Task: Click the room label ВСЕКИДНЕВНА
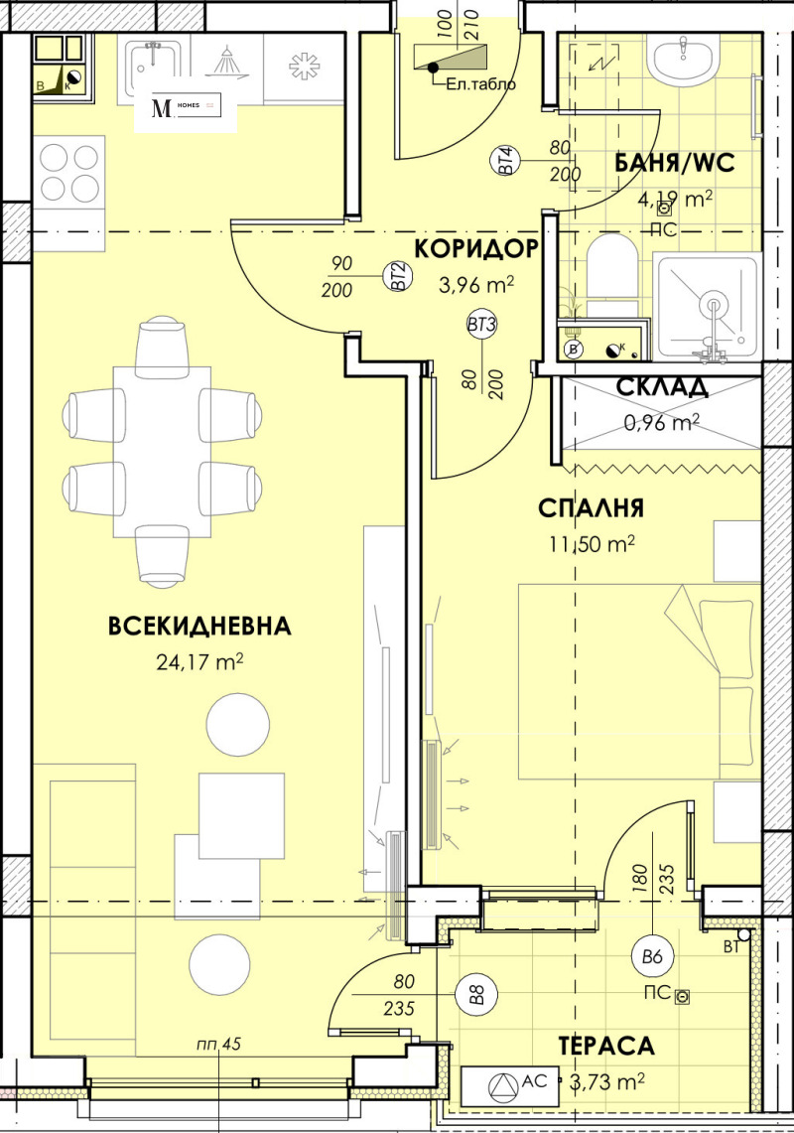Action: tap(199, 626)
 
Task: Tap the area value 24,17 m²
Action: tap(199, 662)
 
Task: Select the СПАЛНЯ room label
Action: tap(591, 508)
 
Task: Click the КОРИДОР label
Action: tap(476, 247)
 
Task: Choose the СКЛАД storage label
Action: tap(662, 386)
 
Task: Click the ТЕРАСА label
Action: tap(605, 1046)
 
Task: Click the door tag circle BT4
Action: tap(505, 159)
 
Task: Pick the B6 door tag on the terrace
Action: tap(651, 957)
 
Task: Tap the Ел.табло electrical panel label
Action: tap(481, 84)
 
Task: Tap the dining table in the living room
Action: tap(163, 452)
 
